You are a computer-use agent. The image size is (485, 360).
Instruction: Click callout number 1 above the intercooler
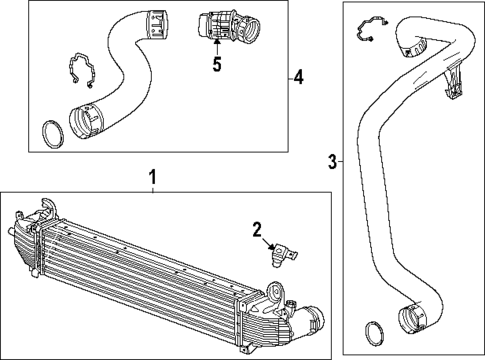point(152,178)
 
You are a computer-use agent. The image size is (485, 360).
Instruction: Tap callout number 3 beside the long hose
point(332,160)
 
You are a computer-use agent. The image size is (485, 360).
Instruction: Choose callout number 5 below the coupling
point(215,65)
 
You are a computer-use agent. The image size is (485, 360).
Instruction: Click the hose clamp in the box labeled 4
point(80,71)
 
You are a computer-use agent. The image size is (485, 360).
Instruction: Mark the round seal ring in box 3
point(372,331)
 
